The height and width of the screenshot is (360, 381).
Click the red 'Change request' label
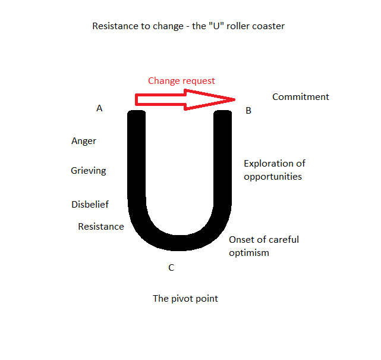[181, 80]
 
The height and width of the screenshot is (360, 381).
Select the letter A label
[99, 108]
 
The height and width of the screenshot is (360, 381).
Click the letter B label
[248, 110]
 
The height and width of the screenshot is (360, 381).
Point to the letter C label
[171, 268]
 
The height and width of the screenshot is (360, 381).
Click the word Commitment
[300, 97]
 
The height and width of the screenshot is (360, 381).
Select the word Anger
[84, 141]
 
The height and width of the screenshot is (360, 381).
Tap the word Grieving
[89, 171]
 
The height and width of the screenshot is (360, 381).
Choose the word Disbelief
[90, 205]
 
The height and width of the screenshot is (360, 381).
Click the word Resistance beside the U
[101, 227]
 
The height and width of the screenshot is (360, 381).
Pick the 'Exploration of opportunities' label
[274, 170]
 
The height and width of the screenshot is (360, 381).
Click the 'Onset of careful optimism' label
[264, 246]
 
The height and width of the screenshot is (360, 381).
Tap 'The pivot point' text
[185, 299]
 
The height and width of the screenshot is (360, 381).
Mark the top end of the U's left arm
[136, 113]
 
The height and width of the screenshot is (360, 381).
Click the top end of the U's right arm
[222, 113]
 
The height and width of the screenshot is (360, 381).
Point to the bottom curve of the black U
[179, 240]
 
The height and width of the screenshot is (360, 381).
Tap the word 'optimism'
[249, 253]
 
